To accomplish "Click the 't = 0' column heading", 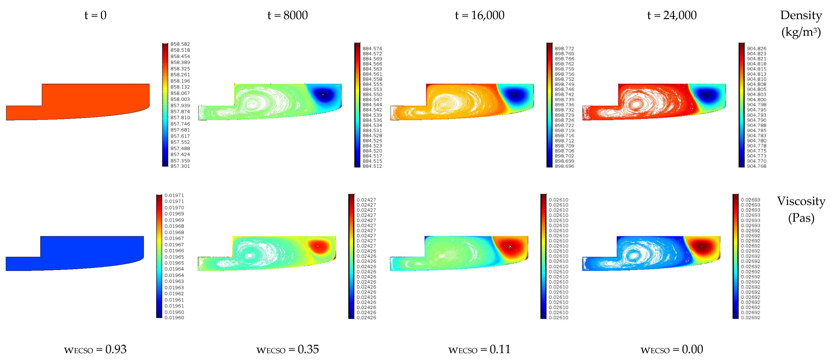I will pyautogui.click(x=95, y=15).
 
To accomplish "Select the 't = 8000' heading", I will pyautogui.click(x=287, y=15).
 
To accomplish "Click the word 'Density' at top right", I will pyautogui.click(x=801, y=15).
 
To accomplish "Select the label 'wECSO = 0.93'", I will pyautogui.click(x=95, y=349).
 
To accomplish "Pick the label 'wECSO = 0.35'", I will pyautogui.click(x=287, y=349).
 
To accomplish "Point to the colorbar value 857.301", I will pyautogui.click(x=180, y=166).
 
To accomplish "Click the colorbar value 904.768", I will pyautogui.click(x=756, y=166).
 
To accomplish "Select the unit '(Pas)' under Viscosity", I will pyautogui.click(x=801, y=218).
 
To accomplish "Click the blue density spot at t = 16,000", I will pyautogui.click(x=515, y=95).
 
